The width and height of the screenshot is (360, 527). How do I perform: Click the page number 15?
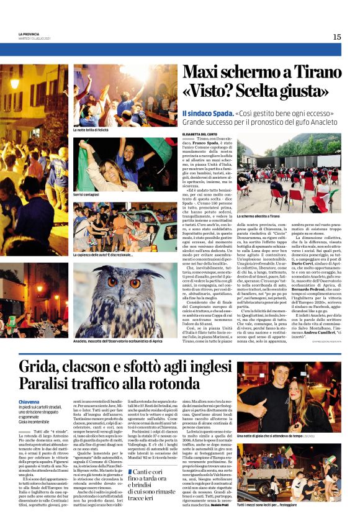tap(336, 37)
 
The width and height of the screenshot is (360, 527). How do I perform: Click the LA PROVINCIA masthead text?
tap(29, 34)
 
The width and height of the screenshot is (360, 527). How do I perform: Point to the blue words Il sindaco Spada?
tap(207, 114)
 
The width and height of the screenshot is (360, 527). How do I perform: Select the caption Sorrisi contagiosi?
tap(88, 194)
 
